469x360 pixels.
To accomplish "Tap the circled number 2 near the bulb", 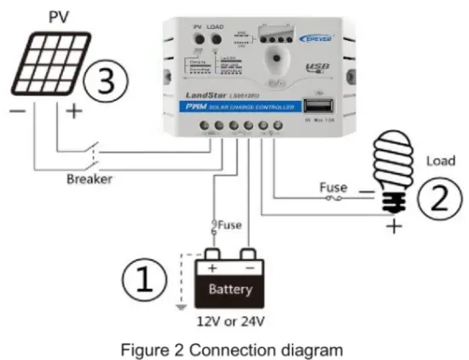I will tap(436, 200).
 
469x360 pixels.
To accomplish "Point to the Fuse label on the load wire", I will tap(333, 186).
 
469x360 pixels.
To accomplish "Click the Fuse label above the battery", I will tap(229, 225).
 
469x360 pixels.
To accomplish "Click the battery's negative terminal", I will tap(249, 255).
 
